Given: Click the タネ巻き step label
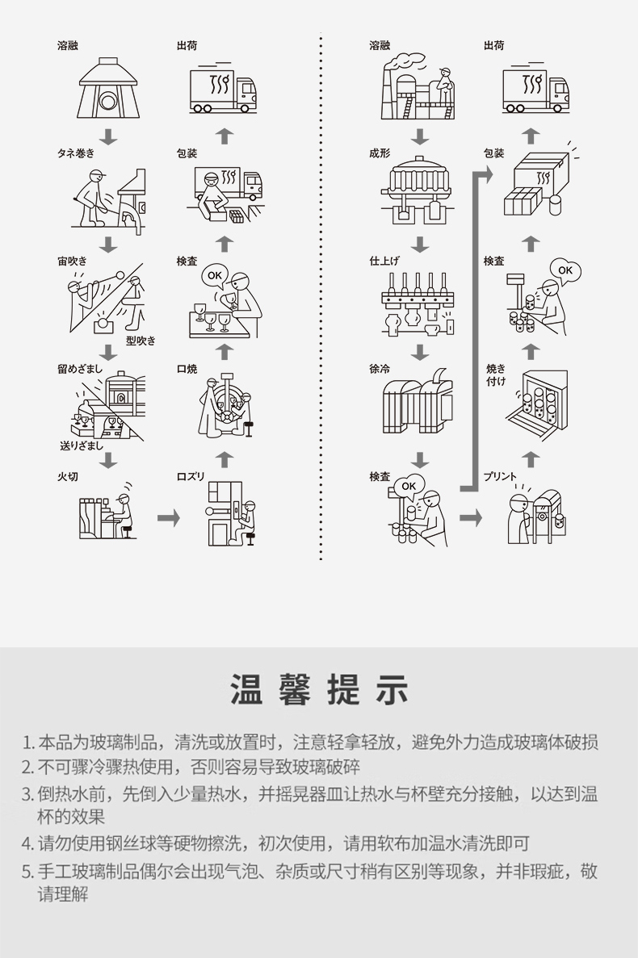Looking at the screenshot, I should (x=75, y=153).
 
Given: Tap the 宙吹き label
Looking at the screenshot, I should (x=71, y=261).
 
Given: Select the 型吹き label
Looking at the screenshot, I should (x=141, y=341).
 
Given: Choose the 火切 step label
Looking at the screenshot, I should (x=67, y=477).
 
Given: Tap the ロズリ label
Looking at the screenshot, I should (x=191, y=477).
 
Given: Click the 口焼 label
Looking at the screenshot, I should (x=187, y=369).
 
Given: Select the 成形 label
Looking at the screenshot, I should (x=379, y=153).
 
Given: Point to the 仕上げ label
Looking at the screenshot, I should (x=384, y=261).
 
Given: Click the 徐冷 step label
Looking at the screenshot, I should (x=379, y=369).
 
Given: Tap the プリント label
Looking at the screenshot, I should (x=500, y=477).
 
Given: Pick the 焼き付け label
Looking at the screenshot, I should (x=496, y=374).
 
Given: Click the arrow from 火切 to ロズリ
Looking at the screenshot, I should (x=168, y=517).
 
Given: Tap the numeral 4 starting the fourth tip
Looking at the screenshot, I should (x=27, y=844).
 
